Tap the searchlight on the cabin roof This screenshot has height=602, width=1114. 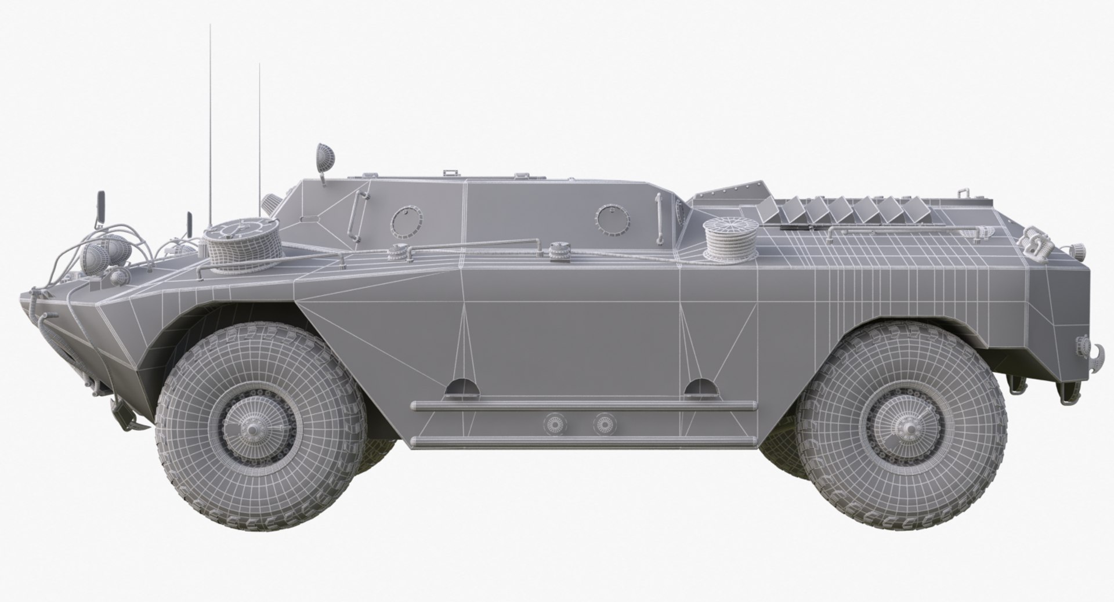(x=323, y=155)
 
